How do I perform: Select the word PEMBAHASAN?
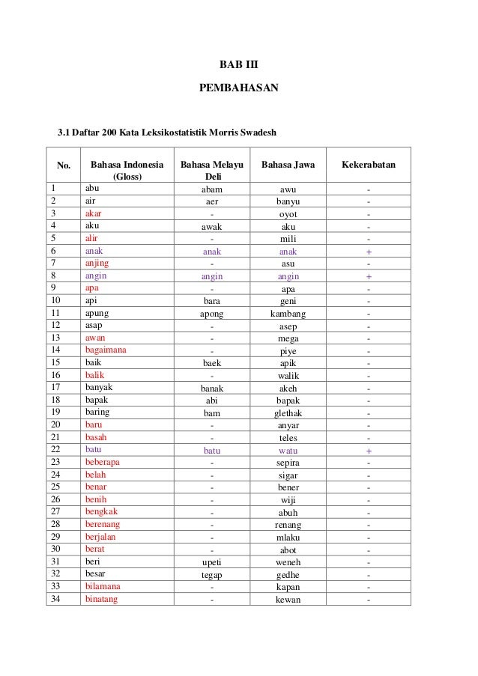tap(238, 88)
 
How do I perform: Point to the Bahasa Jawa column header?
tap(288, 164)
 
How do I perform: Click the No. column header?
tap(64, 165)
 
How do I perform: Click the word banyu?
tap(288, 201)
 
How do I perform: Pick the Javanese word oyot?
tap(288, 213)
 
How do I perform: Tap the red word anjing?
tap(98, 264)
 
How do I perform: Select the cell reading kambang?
tap(288, 314)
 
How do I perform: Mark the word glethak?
tap(288, 412)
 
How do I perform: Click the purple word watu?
tap(288, 451)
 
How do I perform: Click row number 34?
tap(54, 599)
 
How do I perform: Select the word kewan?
tap(288, 600)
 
